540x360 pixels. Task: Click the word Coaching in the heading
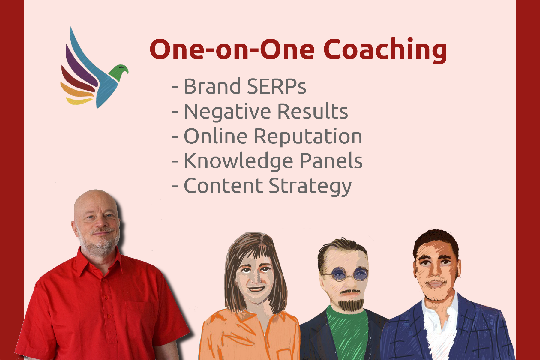point(385,50)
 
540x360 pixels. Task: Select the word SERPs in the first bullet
point(277,86)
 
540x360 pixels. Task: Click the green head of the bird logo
point(119,72)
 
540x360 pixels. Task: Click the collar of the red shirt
point(99,259)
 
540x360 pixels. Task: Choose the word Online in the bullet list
point(216,136)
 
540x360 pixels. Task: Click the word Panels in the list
point(331,161)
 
